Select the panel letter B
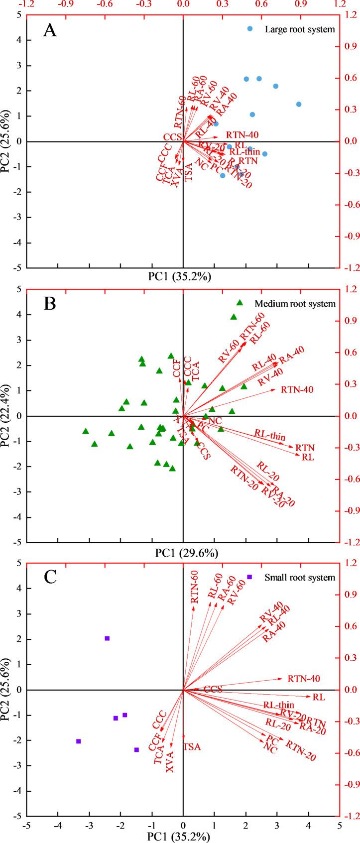coord(49,304)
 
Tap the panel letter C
coord(49,578)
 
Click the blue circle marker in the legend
coord(250,29)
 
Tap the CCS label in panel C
coord(213,689)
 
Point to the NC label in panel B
coord(214,421)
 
